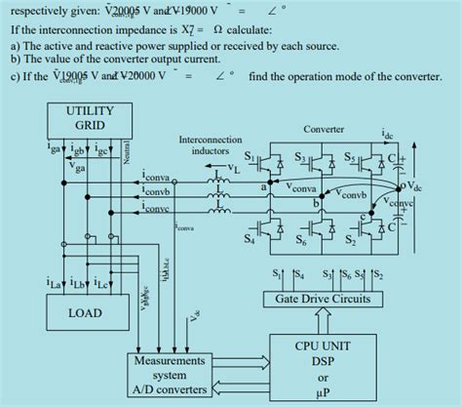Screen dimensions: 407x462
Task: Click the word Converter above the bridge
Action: [x=324, y=129]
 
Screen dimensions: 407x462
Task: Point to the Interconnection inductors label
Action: [x=204, y=145]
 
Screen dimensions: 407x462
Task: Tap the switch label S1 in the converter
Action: [x=250, y=156]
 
